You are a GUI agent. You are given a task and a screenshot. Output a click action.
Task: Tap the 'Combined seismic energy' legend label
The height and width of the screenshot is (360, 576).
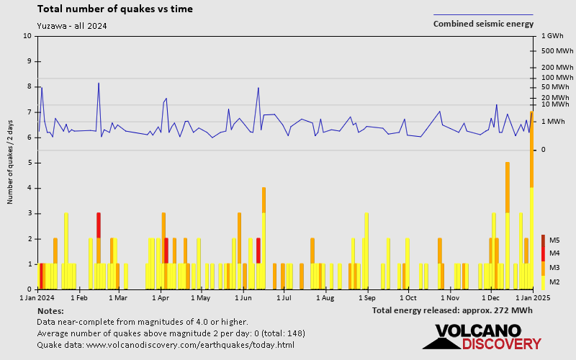(483, 24)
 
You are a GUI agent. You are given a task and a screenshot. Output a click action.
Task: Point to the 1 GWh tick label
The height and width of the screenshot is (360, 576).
(551, 36)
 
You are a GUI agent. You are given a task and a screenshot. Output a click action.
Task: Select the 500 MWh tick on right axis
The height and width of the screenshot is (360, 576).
(554, 51)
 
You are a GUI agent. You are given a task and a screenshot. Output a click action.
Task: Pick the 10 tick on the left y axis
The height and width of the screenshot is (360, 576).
(27, 36)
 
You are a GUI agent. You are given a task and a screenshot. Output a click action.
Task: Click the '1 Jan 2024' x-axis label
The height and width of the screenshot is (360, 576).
(37, 297)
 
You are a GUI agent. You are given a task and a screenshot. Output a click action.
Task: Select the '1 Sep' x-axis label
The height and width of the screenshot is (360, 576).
(366, 297)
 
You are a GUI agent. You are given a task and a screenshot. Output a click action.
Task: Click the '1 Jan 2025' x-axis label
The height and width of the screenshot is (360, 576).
(531, 297)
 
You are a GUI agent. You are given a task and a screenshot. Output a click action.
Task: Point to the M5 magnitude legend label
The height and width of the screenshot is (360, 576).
(554, 240)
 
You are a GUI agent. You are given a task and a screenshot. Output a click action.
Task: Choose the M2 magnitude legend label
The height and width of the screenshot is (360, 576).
(554, 282)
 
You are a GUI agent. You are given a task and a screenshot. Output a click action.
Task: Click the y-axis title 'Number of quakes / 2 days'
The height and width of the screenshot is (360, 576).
(11, 163)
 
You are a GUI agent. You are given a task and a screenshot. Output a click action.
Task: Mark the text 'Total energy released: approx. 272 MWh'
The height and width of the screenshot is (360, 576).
(452, 310)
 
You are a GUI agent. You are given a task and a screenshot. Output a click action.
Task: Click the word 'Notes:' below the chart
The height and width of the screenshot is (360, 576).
(50, 310)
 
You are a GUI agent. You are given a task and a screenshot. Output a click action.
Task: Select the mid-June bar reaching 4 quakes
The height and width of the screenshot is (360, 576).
(264, 238)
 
